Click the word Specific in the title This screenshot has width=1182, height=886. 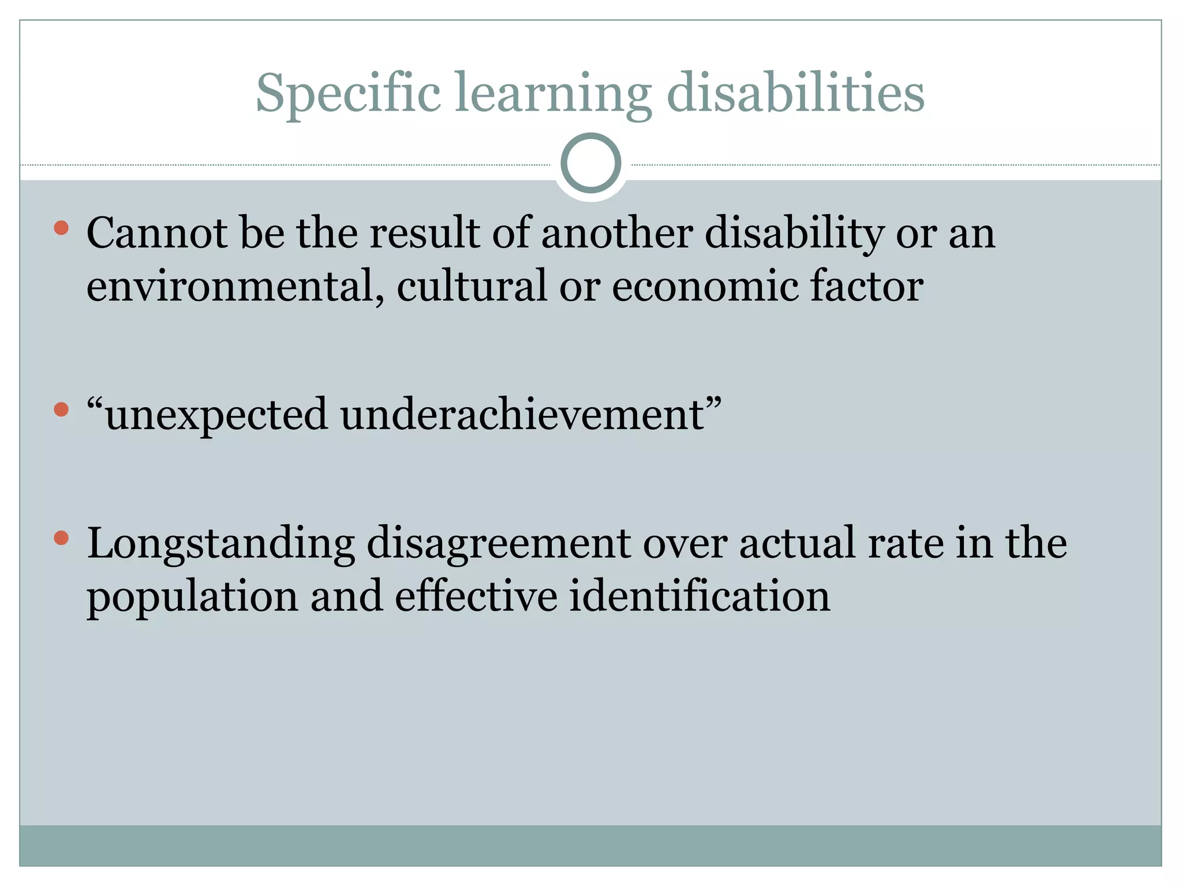pos(348,93)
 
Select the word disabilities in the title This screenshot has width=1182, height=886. pos(795,93)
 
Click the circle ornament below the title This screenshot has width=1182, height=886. pos(590,163)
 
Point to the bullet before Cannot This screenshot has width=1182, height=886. pos(61,228)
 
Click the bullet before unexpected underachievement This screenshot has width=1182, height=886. pos(61,410)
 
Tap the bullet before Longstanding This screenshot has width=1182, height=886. pos(61,539)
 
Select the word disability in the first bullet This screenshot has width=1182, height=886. pos(794,234)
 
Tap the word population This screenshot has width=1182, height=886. pos(192,597)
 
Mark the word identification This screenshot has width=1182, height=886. pos(700,597)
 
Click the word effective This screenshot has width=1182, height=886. pos(476,597)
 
